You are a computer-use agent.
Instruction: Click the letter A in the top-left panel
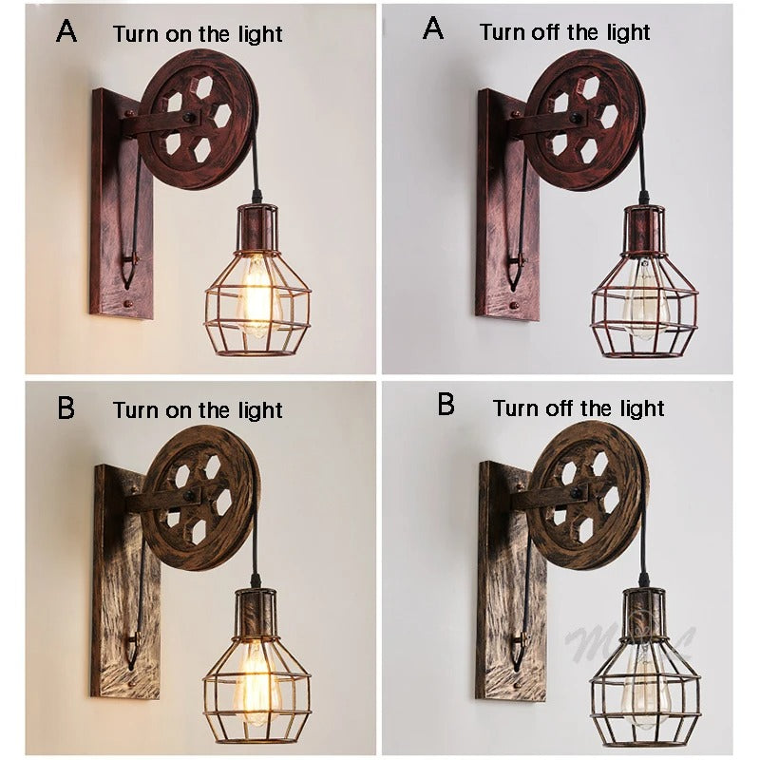coord(66,31)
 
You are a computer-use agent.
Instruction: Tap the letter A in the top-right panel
coord(432,29)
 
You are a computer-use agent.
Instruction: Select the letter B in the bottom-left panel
coord(66,408)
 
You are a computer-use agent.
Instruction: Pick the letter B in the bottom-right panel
coord(446,406)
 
